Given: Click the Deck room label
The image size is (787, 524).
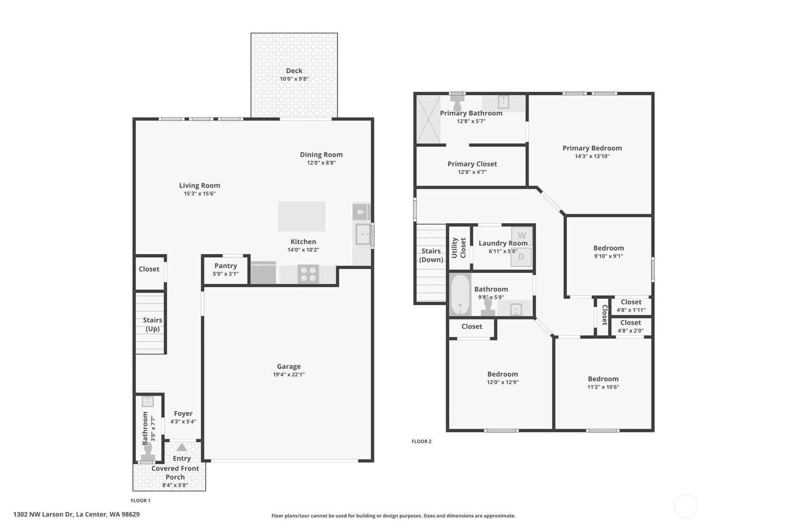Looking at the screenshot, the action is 294,71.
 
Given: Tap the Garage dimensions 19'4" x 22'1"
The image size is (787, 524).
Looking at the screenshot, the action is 289,374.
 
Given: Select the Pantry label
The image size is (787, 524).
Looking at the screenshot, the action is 225,266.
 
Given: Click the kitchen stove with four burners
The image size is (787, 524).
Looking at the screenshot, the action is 308,274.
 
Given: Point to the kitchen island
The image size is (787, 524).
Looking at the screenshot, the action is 302,216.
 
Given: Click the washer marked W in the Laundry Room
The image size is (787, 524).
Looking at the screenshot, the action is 522,236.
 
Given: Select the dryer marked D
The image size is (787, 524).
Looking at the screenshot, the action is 521,257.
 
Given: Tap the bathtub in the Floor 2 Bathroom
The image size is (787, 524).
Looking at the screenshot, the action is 460,295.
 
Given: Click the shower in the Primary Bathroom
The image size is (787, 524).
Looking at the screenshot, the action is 429,120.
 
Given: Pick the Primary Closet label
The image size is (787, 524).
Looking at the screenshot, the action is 472,164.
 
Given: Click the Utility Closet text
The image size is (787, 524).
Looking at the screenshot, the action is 459,248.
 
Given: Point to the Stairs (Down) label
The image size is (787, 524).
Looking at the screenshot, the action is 431,255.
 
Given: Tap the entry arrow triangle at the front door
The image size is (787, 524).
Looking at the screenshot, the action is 182,447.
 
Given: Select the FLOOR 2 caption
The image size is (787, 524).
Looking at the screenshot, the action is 421,442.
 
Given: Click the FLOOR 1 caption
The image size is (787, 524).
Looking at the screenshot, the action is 141,500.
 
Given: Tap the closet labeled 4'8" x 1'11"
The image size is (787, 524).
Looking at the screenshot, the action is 631,306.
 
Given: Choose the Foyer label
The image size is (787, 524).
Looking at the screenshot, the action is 183,414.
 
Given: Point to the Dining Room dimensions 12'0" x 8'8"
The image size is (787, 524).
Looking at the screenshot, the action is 321,163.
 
